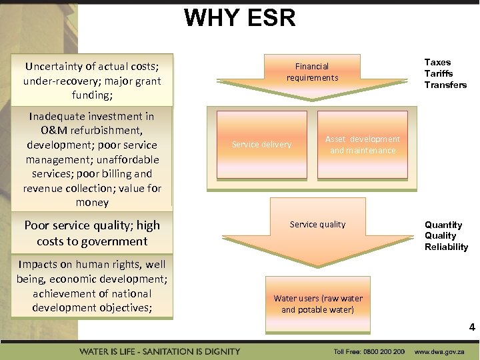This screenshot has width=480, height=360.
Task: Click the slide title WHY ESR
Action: [x=239, y=17]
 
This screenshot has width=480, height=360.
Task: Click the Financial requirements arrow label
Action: [x=312, y=72]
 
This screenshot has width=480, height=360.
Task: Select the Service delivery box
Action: [x=261, y=145]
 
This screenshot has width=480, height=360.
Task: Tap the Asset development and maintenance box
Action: [x=362, y=145]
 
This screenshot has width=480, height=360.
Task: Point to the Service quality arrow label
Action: [x=317, y=225]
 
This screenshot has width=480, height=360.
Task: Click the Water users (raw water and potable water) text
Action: [x=318, y=304]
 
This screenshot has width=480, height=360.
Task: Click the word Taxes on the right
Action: [x=437, y=63]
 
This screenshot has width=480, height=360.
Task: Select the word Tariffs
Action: [x=438, y=73]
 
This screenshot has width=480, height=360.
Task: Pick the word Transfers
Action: [x=445, y=85]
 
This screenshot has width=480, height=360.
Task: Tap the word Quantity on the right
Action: [x=443, y=225]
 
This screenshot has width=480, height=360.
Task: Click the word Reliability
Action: [x=446, y=247]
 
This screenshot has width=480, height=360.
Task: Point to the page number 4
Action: [x=471, y=327]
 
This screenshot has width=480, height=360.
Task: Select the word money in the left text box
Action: [x=92, y=203]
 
